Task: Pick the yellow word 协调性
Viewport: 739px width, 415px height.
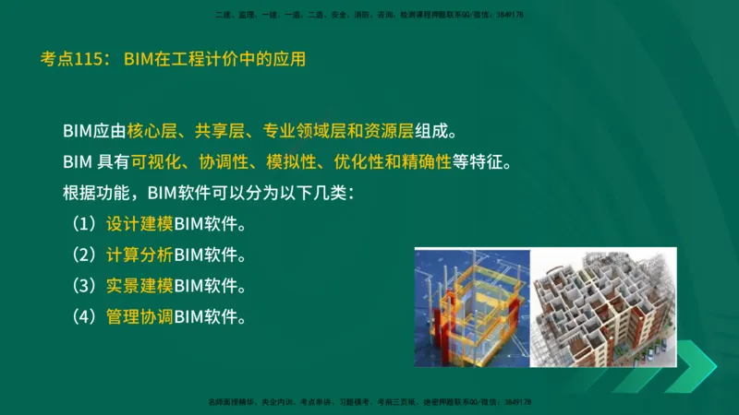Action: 223,162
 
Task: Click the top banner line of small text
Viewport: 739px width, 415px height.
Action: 369,16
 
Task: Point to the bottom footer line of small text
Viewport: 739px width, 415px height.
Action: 369,402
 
